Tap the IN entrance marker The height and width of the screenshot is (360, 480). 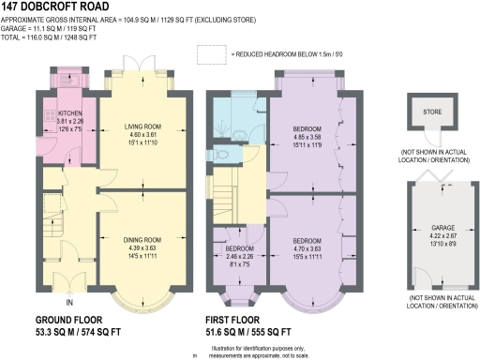click(x=68, y=303)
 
